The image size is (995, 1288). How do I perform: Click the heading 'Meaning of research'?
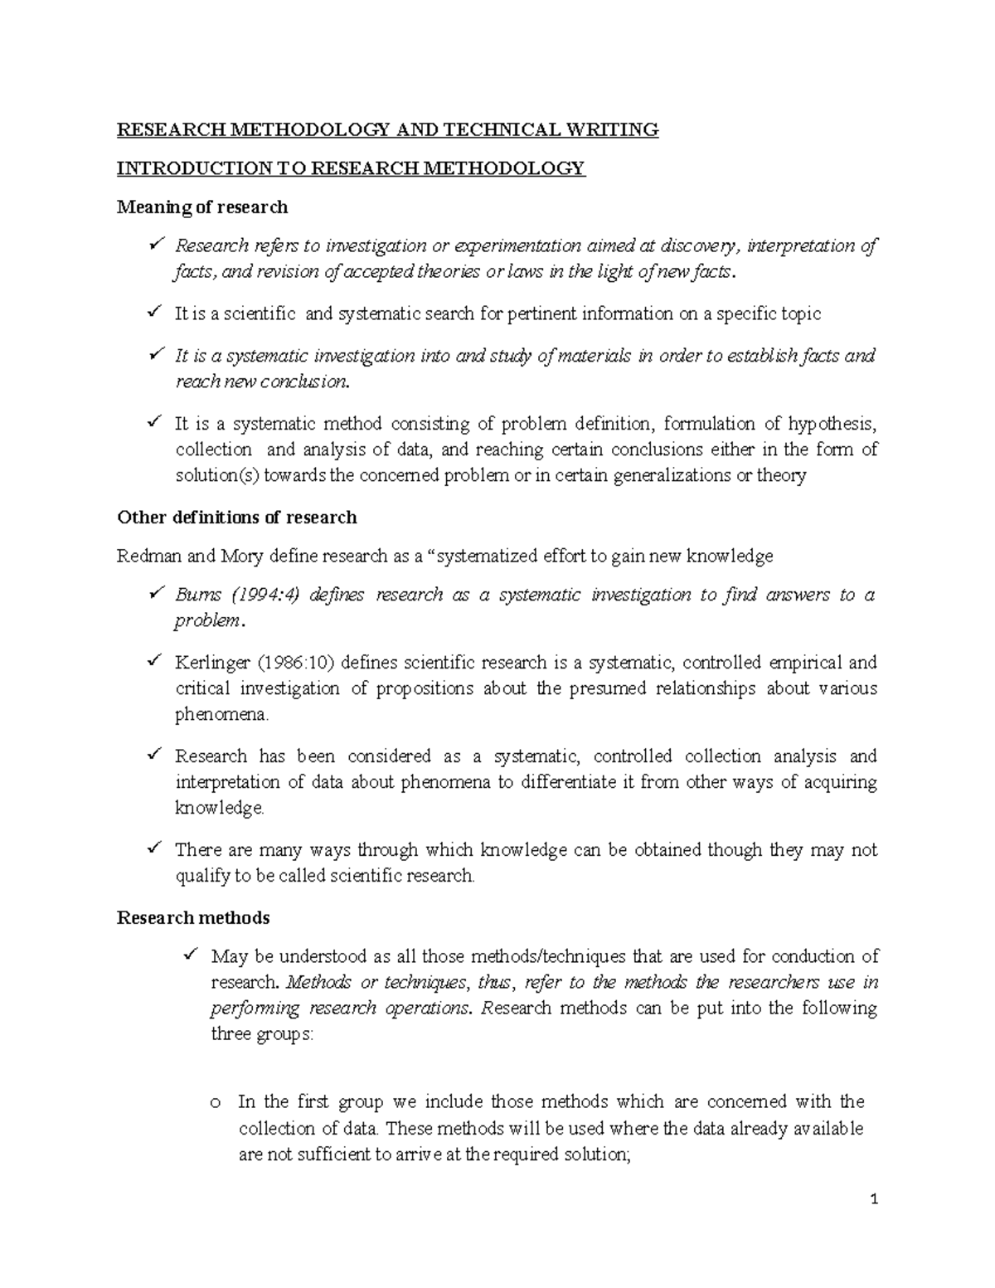pos(202,207)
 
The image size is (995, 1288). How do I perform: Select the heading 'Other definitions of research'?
pos(237,518)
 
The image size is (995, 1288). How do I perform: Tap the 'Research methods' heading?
pos(193,918)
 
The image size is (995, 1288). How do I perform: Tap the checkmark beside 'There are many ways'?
pos(153,849)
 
